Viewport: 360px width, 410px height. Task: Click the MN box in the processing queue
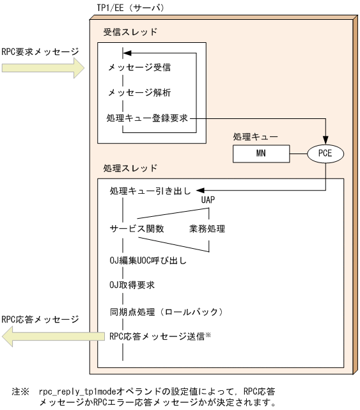pyautogui.click(x=261, y=154)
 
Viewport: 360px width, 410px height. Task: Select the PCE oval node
pyautogui.click(x=326, y=154)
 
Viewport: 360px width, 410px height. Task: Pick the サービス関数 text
pyautogui.click(x=135, y=228)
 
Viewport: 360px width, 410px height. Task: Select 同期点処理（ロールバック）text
pyautogui.click(x=165, y=312)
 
